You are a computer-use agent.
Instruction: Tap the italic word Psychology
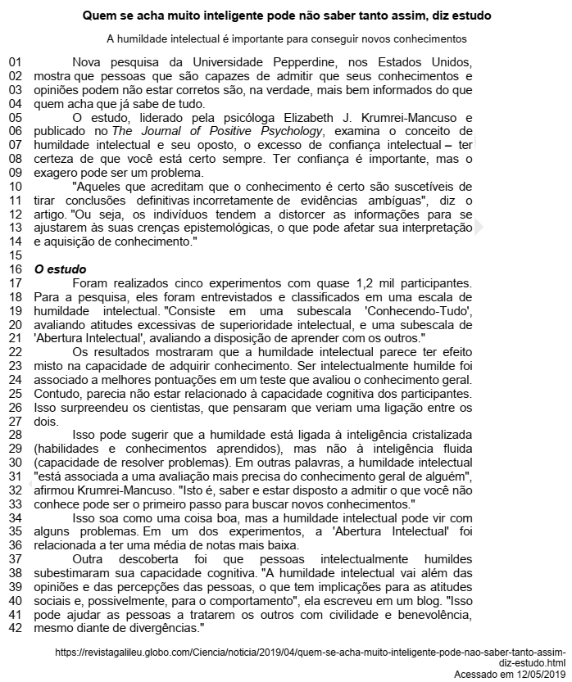point(289,131)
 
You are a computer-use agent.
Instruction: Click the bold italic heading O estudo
point(60,269)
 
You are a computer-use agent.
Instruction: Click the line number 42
point(15,629)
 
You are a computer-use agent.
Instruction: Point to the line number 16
point(15,269)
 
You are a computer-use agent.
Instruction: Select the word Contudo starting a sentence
point(57,394)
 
